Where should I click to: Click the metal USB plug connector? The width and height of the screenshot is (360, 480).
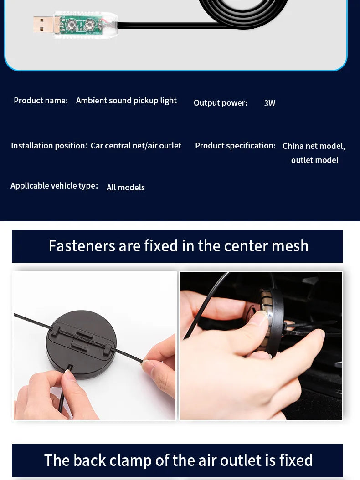(x=43, y=25)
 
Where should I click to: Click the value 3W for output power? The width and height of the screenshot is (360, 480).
(x=270, y=103)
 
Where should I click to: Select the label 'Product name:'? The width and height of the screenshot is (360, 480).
(x=41, y=100)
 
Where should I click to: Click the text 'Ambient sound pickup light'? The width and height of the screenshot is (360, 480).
(x=126, y=101)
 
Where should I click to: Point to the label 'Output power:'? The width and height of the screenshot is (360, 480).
(x=220, y=103)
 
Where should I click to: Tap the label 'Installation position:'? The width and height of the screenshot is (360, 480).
(x=50, y=145)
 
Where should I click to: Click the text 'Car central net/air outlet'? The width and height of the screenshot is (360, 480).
(x=136, y=145)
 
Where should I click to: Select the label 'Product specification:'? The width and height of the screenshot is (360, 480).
(x=235, y=146)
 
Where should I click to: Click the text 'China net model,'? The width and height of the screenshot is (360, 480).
(x=314, y=146)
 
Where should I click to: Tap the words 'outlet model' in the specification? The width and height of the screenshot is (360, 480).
(x=314, y=160)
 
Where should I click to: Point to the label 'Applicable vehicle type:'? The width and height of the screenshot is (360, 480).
(x=54, y=186)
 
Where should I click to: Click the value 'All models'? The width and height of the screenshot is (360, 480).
(x=126, y=187)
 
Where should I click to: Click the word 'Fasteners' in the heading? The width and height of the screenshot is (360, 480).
(x=82, y=246)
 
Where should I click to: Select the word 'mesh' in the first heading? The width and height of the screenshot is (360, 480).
(x=290, y=246)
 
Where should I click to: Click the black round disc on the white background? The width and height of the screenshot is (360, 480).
(x=81, y=344)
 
